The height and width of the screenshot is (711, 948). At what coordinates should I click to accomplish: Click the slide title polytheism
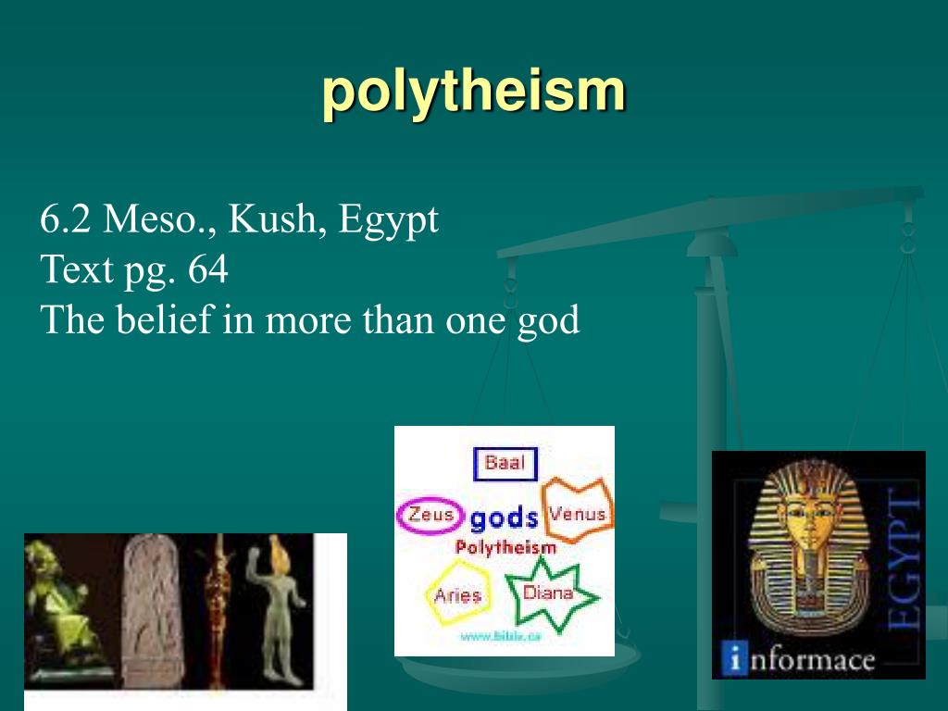click(473, 93)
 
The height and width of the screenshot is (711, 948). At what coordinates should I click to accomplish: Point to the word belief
click(163, 320)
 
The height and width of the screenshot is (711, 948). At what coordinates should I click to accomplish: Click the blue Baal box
click(505, 463)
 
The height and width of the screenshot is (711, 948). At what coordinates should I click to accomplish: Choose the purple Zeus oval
click(430, 515)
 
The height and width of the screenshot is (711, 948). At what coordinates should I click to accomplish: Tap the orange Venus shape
click(578, 511)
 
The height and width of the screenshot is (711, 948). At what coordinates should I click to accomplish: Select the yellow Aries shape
click(457, 594)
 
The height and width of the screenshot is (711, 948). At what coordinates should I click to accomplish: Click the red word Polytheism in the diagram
click(505, 547)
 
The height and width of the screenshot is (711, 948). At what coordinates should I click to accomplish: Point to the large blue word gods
click(504, 518)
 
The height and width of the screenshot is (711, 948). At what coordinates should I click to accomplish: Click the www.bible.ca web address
click(501, 636)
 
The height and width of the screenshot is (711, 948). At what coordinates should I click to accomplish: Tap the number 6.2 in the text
click(65, 220)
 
